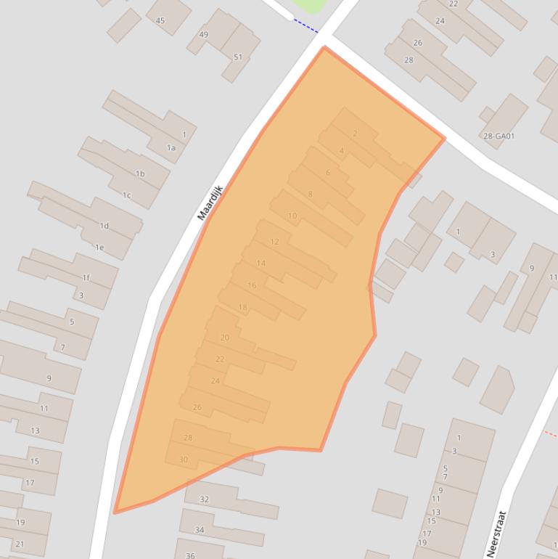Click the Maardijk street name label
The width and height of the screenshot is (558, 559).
point(210,203)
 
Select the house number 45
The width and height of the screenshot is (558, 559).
point(160,20)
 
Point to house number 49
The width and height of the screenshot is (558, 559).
point(203,35)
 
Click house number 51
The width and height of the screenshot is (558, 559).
point(238,57)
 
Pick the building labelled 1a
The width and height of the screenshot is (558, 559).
point(171,148)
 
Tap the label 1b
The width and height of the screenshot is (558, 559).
point(140,174)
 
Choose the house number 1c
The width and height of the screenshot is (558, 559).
point(126,195)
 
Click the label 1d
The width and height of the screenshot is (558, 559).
point(104,226)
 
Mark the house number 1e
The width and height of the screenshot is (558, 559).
point(99,248)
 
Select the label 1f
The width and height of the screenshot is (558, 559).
point(86,277)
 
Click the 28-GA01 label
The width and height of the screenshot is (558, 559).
point(498,136)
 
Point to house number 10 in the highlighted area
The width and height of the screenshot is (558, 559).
point(292,216)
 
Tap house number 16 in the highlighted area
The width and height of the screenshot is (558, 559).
point(252,285)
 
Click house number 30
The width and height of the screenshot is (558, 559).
point(183,460)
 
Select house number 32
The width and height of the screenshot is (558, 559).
point(204,499)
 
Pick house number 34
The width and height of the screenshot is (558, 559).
point(200,530)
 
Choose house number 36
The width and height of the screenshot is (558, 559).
point(190,555)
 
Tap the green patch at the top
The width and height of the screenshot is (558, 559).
point(308,5)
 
